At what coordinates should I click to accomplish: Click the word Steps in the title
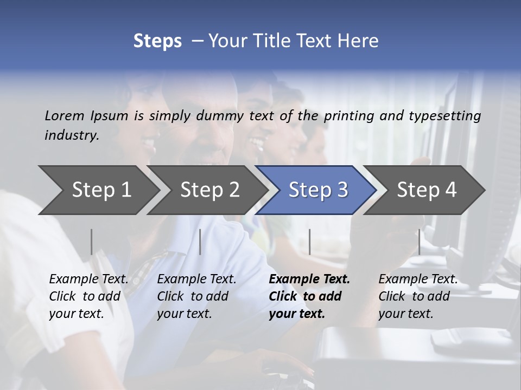(157, 41)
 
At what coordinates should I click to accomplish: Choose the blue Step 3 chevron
(318, 190)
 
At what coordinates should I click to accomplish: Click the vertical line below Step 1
(92, 242)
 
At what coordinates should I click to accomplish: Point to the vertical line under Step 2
(200, 242)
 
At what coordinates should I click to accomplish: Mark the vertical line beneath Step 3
(309, 242)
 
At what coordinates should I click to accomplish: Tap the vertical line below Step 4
(419, 242)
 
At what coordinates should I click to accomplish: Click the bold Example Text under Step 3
(309, 296)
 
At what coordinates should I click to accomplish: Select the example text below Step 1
(88, 296)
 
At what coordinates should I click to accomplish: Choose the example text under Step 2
(196, 296)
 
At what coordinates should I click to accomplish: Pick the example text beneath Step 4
(418, 296)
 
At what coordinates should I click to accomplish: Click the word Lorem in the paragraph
(65, 115)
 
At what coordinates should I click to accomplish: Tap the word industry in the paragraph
(72, 135)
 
